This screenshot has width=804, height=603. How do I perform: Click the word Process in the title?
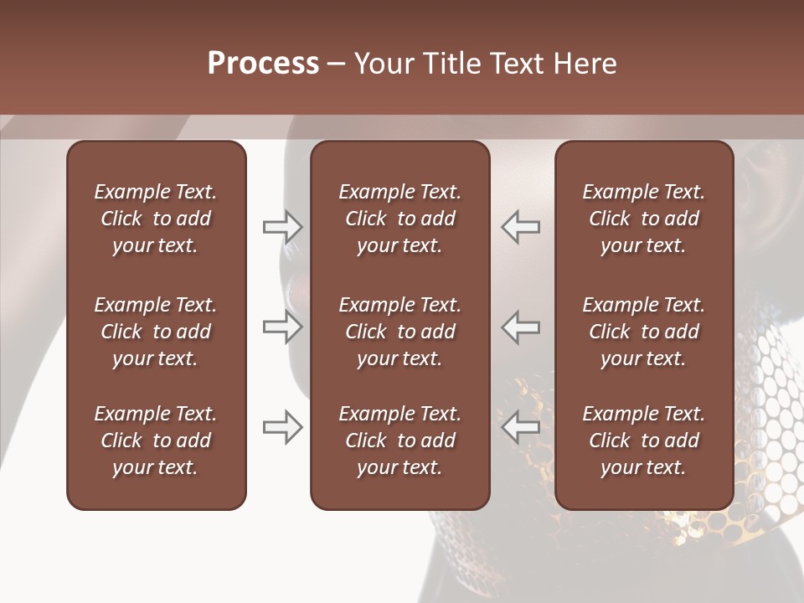263,64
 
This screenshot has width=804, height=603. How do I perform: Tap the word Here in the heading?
585,64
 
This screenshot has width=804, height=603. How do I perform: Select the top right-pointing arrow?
283,226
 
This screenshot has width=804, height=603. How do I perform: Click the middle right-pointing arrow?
283,327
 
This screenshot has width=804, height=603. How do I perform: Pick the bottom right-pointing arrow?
283,427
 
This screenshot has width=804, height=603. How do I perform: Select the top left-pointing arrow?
521,226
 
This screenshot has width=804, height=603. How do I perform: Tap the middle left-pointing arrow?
521,327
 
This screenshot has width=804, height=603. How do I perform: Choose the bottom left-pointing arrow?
521,427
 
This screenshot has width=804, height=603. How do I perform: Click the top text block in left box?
156,219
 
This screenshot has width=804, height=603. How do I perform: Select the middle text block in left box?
156,332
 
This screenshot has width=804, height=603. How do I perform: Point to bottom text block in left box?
156,441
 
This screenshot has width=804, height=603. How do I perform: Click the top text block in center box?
399,219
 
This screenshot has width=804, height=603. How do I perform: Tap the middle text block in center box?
399,332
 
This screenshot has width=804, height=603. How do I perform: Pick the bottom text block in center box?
399,441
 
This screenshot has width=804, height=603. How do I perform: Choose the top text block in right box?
643,219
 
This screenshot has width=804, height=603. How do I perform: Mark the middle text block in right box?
643,332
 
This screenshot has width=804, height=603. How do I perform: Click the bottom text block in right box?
643,441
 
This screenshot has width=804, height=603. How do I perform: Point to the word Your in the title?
383,64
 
